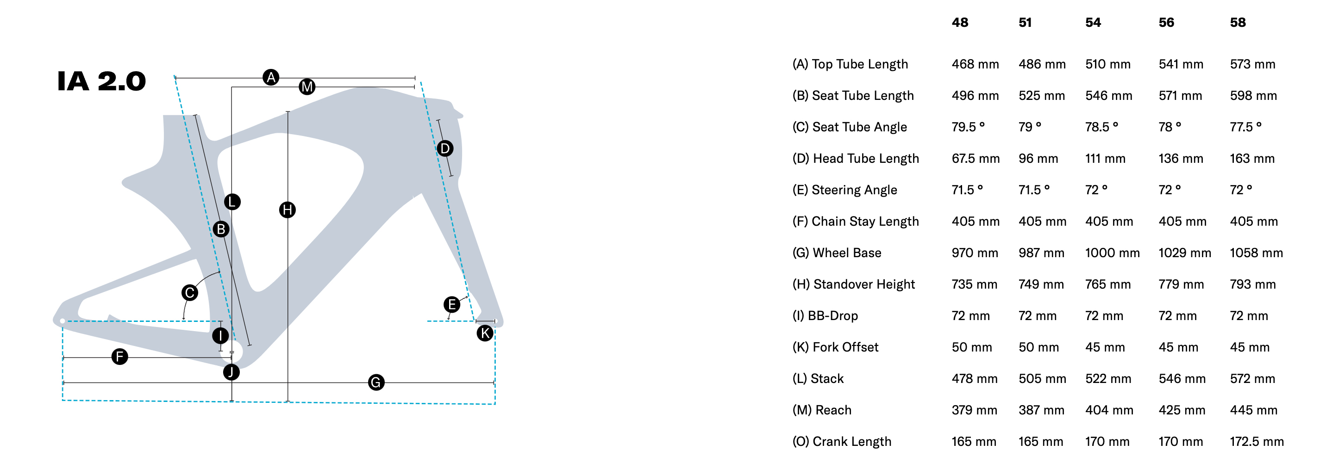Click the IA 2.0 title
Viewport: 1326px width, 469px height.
(x=101, y=81)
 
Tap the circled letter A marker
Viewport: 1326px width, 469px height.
(x=271, y=78)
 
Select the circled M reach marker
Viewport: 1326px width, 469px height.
(x=307, y=87)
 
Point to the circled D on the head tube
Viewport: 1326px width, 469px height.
(x=445, y=148)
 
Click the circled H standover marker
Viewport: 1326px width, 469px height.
(x=287, y=210)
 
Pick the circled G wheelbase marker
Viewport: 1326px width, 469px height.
(x=376, y=383)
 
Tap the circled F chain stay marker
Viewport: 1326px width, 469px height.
(x=120, y=357)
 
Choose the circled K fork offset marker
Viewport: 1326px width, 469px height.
(x=485, y=333)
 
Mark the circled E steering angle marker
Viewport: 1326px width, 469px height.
(x=452, y=304)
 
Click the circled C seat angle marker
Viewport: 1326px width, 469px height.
(x=190, y=293)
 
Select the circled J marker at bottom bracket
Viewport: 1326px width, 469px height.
(x=231, y=372)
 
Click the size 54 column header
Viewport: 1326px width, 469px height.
(x=1093, y=23)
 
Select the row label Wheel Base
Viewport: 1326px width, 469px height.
(x=837, y=253)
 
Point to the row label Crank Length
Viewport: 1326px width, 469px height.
(x=842, y=442)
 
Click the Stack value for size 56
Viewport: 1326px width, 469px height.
(x=1182, y=379)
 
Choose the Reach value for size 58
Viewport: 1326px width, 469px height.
(x=1253, y=410)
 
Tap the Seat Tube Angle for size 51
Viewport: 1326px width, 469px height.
(x=1030, y=127)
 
